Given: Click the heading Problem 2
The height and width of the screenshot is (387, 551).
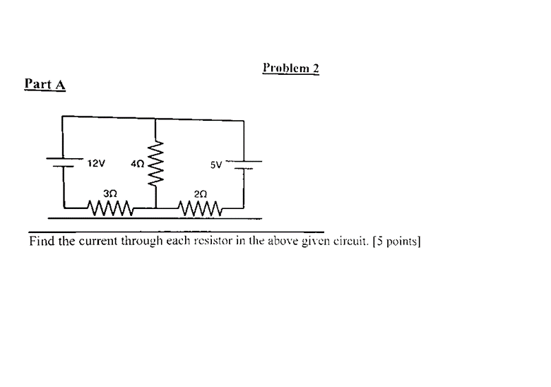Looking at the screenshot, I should click(x=290, y=69).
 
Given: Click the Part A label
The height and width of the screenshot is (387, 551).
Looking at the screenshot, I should click(x=45, y=84).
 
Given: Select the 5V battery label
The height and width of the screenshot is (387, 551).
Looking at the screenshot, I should click(x=215, y=166).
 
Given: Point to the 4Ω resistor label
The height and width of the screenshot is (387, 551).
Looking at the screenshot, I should click(x=138, y=164).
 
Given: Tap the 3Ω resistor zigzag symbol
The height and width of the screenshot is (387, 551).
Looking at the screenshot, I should click(x=109, y=208).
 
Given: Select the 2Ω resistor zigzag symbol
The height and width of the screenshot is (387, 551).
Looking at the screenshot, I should click(x=201, y=208).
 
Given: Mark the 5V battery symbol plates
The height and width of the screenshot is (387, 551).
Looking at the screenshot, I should click(x=244, y=165).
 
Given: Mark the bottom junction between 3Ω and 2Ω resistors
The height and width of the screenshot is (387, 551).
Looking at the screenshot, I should click(x=156, y=208).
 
